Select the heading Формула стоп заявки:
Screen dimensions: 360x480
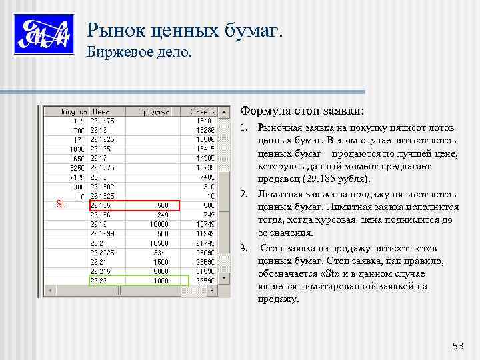coord(302,110)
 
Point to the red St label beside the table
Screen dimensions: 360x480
coord(60,205)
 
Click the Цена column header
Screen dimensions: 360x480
coord(101,112)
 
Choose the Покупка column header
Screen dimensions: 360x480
coord(73,112)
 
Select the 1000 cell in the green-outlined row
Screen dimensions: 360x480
coord(161,281)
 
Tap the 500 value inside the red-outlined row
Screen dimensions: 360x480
coord(163,205)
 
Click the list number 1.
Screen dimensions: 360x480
coord(244,127)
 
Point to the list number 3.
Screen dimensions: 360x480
coord(244,248)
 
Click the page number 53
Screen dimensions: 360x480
coord(457,345)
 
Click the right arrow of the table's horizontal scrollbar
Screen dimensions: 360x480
coord(213,291)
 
